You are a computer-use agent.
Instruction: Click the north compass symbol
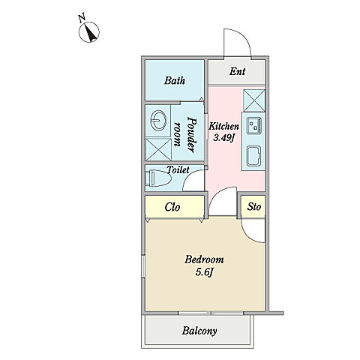[x=88, y=31]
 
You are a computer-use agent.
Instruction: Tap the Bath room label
[x=175, y=81]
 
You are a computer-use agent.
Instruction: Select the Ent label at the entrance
[x=237, y=71]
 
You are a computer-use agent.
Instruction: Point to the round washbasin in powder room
[x=158, y=120]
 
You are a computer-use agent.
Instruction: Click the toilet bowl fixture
[x=158, y=178]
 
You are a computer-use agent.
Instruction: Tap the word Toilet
[x=178, y=170]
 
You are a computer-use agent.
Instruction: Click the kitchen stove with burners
[x=254, y=125]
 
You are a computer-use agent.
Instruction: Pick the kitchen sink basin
[x=254, y=156]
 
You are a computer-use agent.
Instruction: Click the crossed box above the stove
[x=254, y=100]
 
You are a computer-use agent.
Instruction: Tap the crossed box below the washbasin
[x=158, y=149]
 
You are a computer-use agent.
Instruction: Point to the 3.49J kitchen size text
[x=223, y=138]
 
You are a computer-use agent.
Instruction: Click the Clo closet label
[x=172, y=207]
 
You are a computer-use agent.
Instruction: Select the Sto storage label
[x=254, y=207]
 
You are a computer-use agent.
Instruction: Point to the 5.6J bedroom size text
[x=204, y=272]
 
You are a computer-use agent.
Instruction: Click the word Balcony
[x=199, y=331]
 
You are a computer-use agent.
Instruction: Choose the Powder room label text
[x=185, y=135]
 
